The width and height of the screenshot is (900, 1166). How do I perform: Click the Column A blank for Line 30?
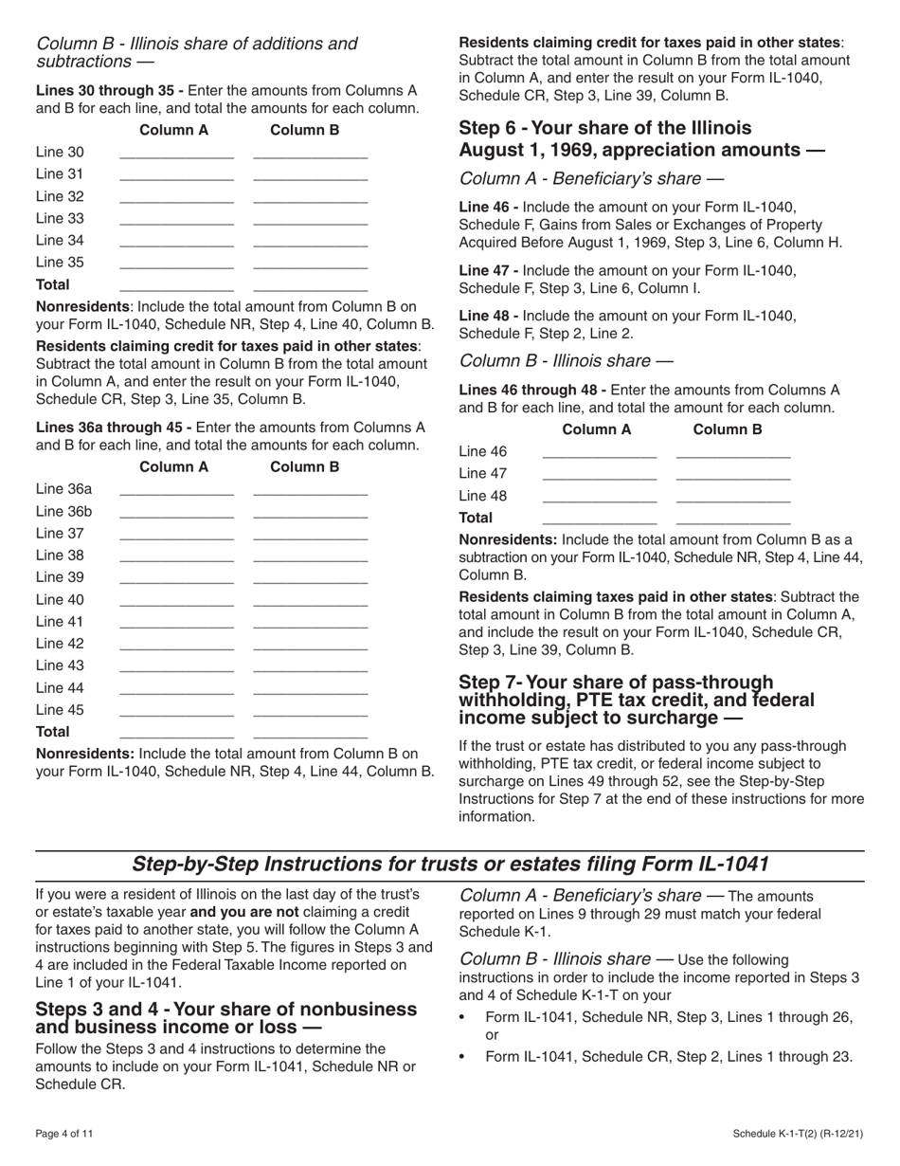coord(176,153)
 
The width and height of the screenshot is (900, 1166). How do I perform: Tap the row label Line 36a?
coord(64,489)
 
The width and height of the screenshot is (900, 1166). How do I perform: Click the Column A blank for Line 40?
coord(176,600)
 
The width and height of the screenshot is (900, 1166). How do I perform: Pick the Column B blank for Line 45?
coord(311,710)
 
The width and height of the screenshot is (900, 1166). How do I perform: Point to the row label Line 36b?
coord(64,512)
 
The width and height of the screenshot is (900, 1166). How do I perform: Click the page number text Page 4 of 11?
coord(64,1134)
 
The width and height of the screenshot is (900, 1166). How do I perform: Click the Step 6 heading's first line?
coord(604,128)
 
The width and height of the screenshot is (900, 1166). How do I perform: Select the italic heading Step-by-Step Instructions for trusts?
coord(450,864)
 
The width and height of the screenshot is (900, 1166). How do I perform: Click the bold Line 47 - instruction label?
coord(488,270)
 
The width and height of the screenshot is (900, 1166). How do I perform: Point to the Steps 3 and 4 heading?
coord(225,1017)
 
